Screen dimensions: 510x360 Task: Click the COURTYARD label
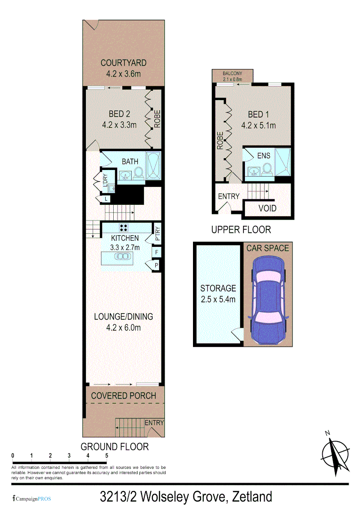(123, 63)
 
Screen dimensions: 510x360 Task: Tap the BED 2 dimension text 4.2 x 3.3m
(119, 125)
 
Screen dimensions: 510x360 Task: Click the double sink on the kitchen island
(123, 257)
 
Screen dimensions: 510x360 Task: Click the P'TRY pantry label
(158, 235)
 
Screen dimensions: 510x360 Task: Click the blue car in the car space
(268, 298)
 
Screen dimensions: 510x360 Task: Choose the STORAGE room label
(218, 288)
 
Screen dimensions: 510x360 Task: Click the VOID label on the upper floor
(268, 208)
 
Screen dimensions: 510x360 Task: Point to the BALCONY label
(232, 74)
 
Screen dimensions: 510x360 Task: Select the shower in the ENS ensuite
(283, 161)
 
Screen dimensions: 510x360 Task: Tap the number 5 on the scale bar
(107, 455)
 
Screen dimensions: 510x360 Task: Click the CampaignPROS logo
(32, 498)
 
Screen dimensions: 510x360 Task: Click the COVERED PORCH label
(123, 396)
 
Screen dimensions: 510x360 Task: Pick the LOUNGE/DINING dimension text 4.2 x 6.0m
(123, 328)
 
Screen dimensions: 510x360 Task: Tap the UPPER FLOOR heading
(241, 229)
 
